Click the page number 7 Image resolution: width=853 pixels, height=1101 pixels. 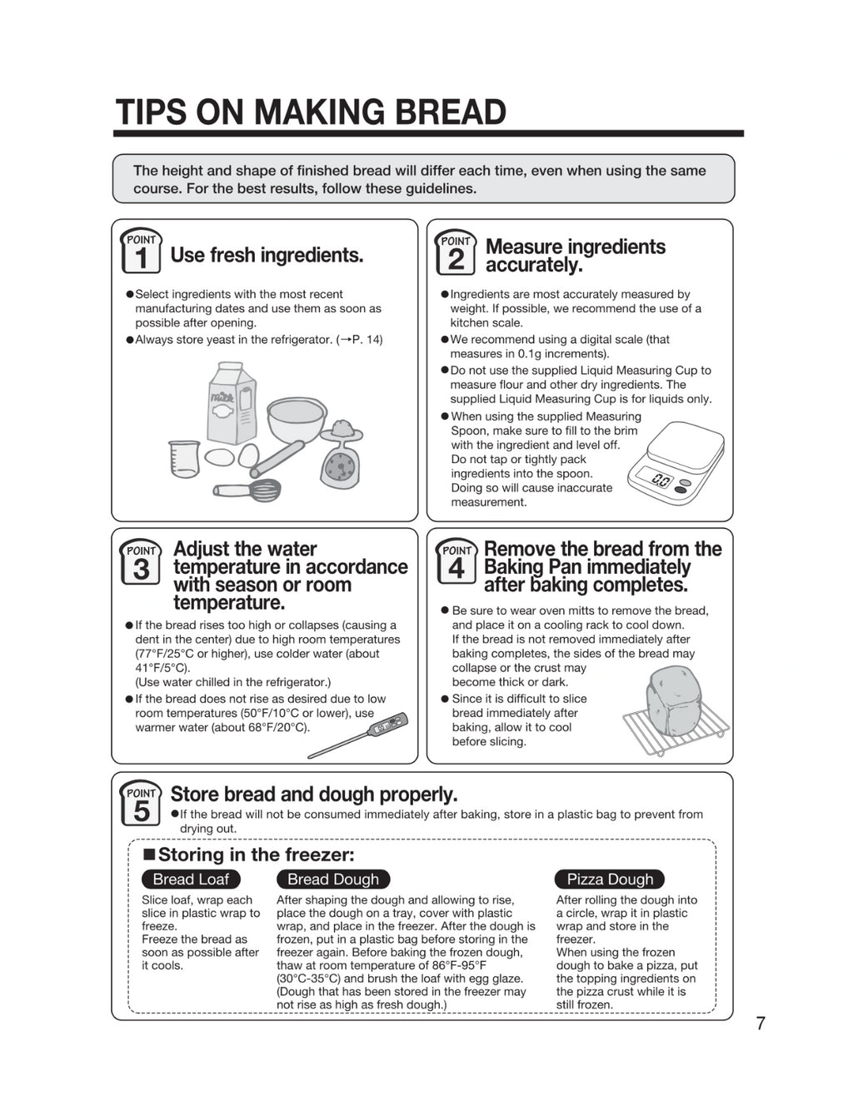point(760,1024)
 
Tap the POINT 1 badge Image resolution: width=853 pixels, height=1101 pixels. point(141,252)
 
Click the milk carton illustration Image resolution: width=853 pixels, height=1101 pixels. point(231,403)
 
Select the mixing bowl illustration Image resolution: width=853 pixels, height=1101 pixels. point(296,421)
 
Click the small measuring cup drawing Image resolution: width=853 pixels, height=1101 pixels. point(184,458)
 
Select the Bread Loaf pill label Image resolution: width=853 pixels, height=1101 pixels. point(191,879)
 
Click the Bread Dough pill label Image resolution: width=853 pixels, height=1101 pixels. point(332,879)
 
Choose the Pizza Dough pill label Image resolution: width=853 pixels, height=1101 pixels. point(610,879)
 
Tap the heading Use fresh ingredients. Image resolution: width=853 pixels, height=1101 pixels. point(267,255)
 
